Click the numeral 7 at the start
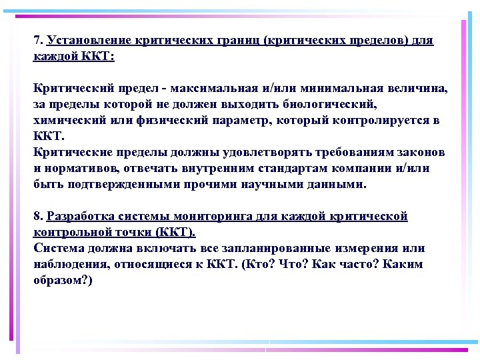[37, 41]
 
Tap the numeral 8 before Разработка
[37, 217]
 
